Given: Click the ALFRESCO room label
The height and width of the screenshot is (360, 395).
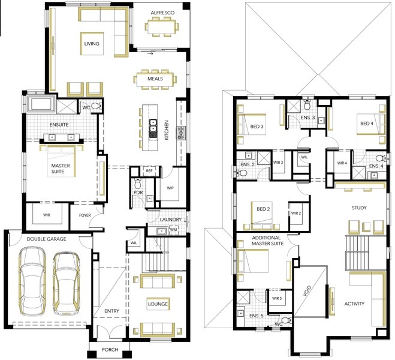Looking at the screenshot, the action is click(x=162, y=13).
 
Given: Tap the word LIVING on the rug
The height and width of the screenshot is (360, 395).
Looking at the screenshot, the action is click(x=92, y=44).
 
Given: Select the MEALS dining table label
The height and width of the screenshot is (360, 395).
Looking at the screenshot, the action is click(x=155, y=79).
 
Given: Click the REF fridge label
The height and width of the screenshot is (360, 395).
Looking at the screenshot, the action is click(x=149, y=171).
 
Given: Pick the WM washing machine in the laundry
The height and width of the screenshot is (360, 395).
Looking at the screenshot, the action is click(x=174, y=230).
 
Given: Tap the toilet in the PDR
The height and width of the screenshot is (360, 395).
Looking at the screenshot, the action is click(x=137, y=184).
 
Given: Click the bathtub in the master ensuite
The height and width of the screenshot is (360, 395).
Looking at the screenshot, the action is click(x=41, y=104).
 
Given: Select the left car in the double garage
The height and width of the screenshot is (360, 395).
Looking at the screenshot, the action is click(x=32, y=281).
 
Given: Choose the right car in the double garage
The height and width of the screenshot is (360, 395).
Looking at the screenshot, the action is click(x=67, y=283).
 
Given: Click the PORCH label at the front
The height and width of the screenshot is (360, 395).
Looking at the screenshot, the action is click(x=110, y=350).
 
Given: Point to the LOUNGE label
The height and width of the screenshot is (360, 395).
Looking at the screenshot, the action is click(x=158, y=304).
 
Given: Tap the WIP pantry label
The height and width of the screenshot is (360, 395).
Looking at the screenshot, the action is click(x=170, y=188).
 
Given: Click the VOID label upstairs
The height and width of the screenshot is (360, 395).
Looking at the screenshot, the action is click(x=307, y=290).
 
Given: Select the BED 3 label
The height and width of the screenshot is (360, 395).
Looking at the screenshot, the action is click(x=257, y=127).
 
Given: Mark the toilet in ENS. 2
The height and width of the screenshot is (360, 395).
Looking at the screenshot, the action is click(x=241, y=173).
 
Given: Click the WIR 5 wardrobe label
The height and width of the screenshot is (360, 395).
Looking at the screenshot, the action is click(x=277, y=298).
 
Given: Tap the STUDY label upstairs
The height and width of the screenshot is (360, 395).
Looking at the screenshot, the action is click(x=359, y=208).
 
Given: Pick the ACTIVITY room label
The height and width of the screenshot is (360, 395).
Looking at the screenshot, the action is click(x=354, y=304).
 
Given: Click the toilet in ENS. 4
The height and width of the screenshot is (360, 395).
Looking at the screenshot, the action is click(x=381, y=158).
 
